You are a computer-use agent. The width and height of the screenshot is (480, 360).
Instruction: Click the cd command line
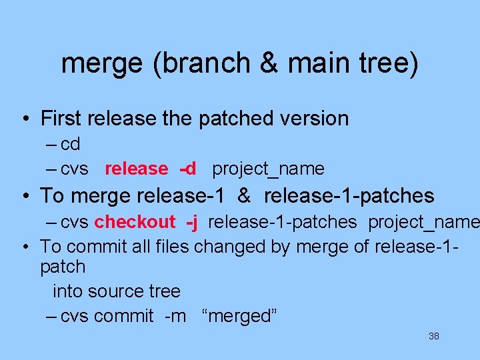pyautogui.click(x=70, y=144)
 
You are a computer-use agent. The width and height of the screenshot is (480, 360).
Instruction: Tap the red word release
pyautogui.click(x=136, y=169)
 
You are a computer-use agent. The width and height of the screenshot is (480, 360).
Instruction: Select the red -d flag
pyautogui.click(x=187, y=169)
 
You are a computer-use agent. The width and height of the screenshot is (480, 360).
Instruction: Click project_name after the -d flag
pyautogui.click(x=268, y=169)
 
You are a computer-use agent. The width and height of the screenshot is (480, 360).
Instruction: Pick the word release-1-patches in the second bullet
pyautogui.click(x=349, y=196)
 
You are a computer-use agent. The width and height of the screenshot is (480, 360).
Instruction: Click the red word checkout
pyautogui.click(x=135, y=222)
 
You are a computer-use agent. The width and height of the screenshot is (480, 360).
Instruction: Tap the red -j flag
pyautogui.click(x=192, y=222)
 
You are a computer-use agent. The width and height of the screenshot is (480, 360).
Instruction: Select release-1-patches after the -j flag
pyautogui.click(x=282, y=222)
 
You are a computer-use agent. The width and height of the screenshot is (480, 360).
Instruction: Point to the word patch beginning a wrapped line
pyautogui.click(x=63, y=267)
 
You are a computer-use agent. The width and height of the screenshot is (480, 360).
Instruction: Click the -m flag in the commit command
pyautogui.click(x=175, y=316)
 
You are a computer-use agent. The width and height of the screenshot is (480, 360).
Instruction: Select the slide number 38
pyautogui.click(x=433, y=337)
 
